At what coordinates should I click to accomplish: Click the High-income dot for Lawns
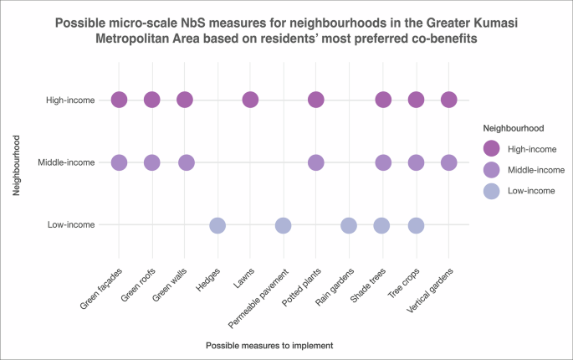(x=250, y=100)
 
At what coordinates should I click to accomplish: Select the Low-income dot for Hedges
(x=217, y=225)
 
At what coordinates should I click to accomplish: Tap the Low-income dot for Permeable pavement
(x=283, y=225)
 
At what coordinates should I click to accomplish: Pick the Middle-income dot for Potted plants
(x=316, y=162)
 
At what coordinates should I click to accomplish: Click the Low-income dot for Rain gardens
(x=349, y=225)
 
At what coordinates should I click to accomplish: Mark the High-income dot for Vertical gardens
(x=448, y=100)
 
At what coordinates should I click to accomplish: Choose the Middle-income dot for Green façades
(x=119, y=162)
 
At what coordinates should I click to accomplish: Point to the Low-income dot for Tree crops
(x=416, y=225)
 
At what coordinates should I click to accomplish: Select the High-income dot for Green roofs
(x=151, y=100)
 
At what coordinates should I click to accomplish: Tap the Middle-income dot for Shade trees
(x=382, y=162)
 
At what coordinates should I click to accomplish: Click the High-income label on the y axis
(x=71, y=100)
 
